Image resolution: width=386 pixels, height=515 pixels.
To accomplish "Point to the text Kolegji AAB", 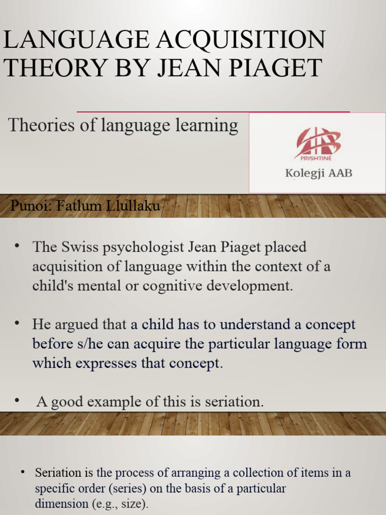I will tap(319, 174).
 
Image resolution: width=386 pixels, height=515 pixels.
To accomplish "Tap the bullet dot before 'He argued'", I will tap(17, 322).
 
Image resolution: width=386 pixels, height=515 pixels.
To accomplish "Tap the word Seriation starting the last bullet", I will tap(58, 473).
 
